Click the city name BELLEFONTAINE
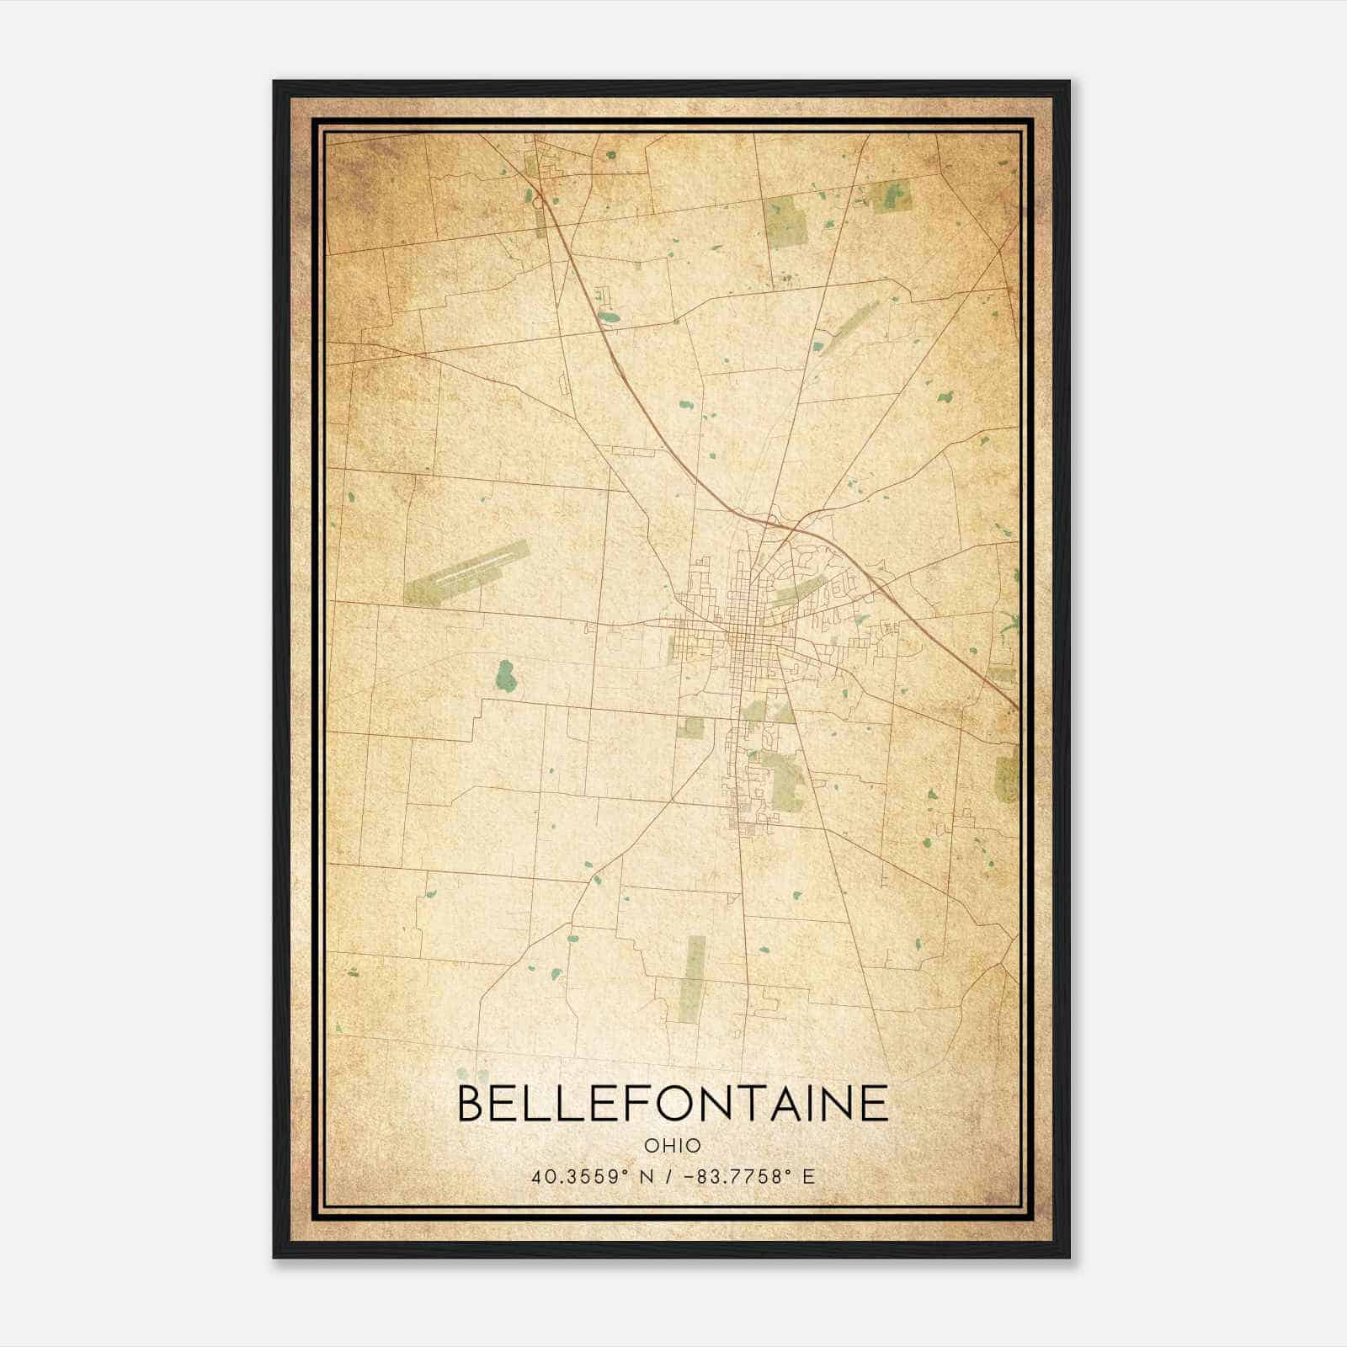673,1103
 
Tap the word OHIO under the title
673,1146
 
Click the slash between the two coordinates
669,1177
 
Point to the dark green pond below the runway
505,673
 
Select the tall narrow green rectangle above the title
692,977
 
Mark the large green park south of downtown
783,779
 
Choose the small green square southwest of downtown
690,727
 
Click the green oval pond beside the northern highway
609,318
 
